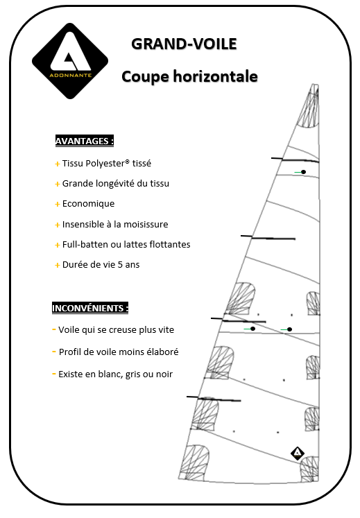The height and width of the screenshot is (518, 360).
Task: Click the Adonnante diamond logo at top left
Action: [70, 61]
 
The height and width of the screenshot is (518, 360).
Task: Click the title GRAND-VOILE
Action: [184, 44]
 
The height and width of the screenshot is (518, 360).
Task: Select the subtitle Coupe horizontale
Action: [189, 76]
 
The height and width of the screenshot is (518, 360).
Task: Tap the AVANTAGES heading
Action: [84, 141]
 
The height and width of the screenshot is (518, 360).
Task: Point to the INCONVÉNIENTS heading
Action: [90, 308]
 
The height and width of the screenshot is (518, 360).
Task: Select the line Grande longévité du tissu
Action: [115, 184]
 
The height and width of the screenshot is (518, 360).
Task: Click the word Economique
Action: [88, 204]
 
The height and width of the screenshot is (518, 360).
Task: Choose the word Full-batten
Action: [86, 244]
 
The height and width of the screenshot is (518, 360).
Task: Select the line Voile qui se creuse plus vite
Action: [116, 329]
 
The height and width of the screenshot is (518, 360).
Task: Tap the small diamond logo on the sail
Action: [297, 454]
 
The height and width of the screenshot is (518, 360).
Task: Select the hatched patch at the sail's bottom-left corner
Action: [195, 460]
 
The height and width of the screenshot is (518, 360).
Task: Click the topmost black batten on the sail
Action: [295, 160]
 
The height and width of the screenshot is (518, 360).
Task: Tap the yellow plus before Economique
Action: [57, 204]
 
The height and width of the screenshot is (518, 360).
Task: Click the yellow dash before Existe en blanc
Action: [54, 373]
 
